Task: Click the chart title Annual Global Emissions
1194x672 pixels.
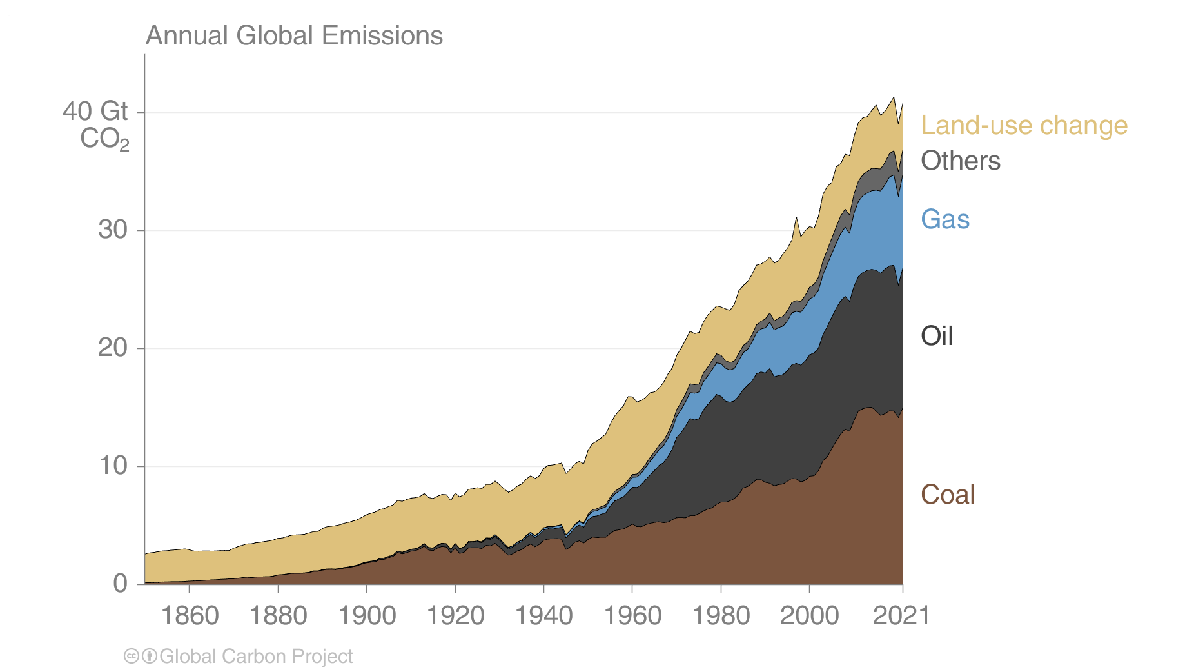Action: tap(294, 35)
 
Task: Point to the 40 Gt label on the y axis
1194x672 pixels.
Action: tap(95, 112)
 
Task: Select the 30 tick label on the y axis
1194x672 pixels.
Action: tap(113, 230)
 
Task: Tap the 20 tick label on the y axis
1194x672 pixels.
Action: tap(113, 348)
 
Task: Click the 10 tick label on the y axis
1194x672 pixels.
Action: tap(113, 466)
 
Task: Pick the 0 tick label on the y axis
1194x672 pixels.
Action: tap(121, 584)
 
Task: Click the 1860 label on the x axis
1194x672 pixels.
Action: tap(190, 615)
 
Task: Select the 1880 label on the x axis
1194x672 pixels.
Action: tap(278, 615)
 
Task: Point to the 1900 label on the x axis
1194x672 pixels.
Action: tap(367, 615)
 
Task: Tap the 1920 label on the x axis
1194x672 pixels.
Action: tap(455, 615)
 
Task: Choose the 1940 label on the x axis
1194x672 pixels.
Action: tap(543, 615)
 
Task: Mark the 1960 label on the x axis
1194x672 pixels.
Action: tap(632, 615)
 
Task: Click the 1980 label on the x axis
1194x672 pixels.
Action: tap(721, 615)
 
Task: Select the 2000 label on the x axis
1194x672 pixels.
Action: tap(809, 615)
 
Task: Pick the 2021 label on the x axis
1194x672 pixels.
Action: tap(901, 615)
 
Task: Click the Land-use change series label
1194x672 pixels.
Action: tap(1024, 125)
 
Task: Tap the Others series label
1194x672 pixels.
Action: tap(960, 161)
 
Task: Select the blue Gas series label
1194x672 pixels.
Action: tap(944, 219)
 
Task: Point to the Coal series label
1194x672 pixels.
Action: tap(947, 495)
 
